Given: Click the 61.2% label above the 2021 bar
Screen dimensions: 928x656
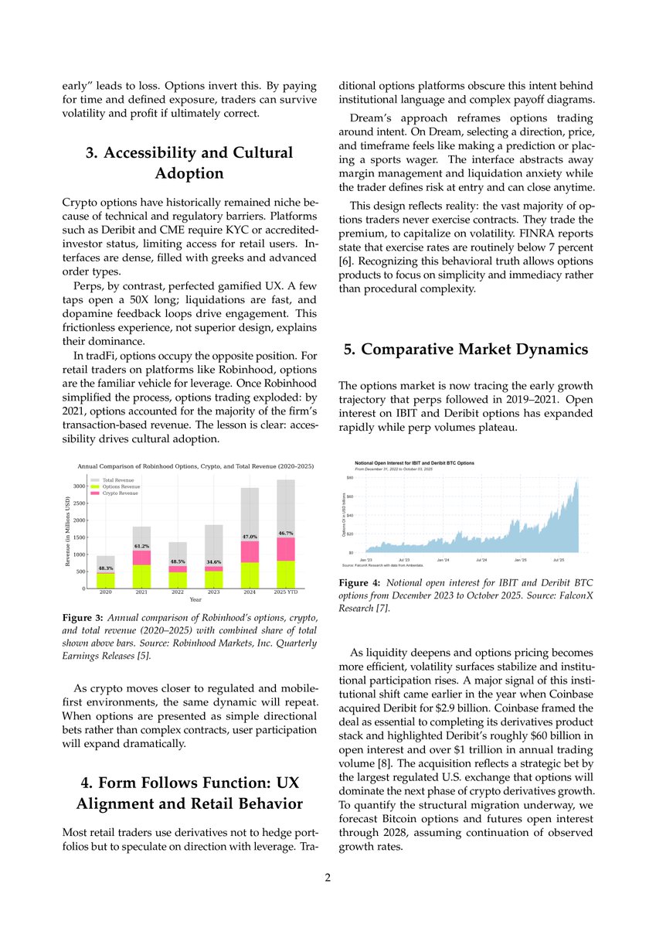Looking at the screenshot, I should point(141,546).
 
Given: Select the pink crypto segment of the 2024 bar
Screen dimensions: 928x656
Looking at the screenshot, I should point(250,551).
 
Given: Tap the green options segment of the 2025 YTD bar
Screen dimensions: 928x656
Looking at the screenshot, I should point(285,574).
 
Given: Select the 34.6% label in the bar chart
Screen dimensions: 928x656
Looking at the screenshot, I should point(214,562).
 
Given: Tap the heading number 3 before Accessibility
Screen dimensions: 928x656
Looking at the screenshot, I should point(90,152).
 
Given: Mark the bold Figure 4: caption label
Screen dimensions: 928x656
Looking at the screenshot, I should point(359,582).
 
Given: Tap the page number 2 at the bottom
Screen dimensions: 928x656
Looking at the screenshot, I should point(328,879).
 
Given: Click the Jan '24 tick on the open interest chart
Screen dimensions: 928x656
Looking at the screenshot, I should point(443,559).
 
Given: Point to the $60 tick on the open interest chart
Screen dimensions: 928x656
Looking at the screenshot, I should point(349,496).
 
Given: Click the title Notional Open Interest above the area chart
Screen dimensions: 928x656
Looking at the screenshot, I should point(410,462).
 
